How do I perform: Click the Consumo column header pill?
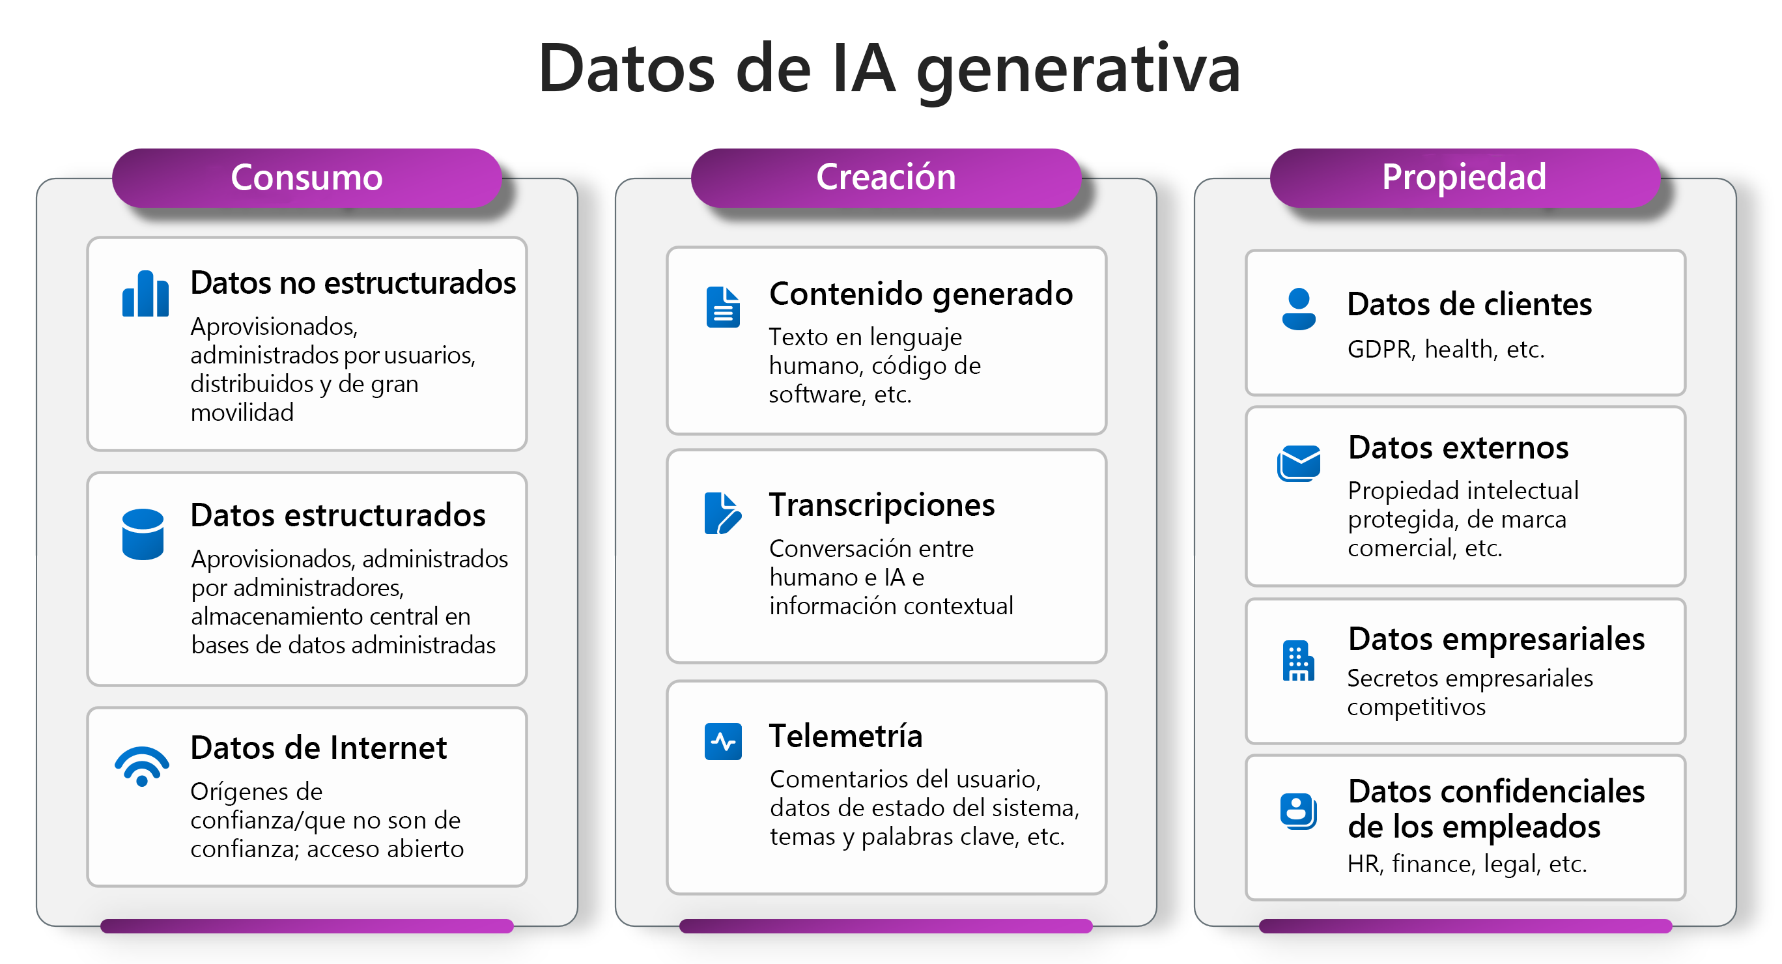pos(307,177)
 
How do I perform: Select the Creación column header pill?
pos(886,177)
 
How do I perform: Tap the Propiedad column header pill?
pos(1464,177)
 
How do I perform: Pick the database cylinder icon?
pos(143,533)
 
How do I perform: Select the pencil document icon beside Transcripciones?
pos(722,513)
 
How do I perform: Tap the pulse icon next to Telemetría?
pos(723,741)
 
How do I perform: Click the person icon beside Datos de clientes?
pos(1299,309)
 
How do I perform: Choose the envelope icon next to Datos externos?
pos(1299,463)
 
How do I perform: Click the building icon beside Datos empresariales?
pos(1298,661)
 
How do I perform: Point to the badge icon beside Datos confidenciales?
pos(1298,810)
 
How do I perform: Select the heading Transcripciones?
pos(882,505)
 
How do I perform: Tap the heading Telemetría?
pos(846,735)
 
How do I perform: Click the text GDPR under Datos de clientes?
pos(1379,350)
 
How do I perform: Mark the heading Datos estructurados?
pos(337,516)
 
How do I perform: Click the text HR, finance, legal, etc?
pos(1467,864)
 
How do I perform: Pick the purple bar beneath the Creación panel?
pos(886,926)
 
